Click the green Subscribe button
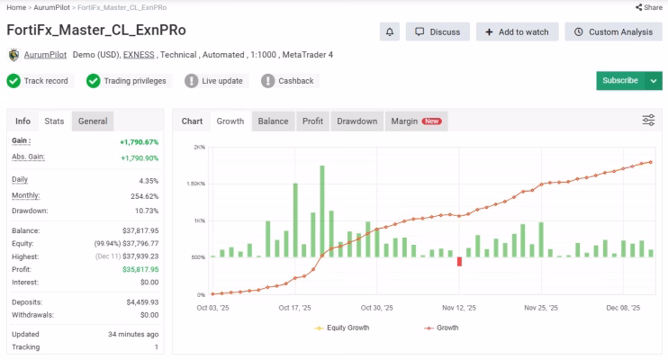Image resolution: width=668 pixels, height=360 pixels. [x=620, y=80]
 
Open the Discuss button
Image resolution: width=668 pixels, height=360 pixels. [x=438, y=32]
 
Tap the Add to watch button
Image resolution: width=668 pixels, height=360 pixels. [x=517, y=32]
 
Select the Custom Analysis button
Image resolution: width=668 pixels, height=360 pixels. [x=613, y=32]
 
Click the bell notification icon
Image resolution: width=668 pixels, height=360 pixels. [x=390, y=32]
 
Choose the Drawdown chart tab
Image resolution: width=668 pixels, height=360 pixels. [x=357, y=121]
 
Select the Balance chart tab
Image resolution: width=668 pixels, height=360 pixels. [x=273, y=121]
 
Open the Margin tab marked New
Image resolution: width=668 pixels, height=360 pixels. [x=416, y=121]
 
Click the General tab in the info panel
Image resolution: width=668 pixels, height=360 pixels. [x=93, y=121]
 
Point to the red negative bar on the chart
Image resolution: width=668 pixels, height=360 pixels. [x=459, y=261]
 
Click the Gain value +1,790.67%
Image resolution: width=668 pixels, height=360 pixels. [x=139, y=142]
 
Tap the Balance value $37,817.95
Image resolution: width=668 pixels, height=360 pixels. [x=140, y=230]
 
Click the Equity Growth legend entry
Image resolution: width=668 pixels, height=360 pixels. [x=342, y=328]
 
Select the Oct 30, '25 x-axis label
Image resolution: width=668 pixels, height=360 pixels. [x=376, y=308]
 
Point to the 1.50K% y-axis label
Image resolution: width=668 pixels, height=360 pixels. [x=195, y=184]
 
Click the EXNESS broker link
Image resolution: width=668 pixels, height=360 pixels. [x=139, y=55]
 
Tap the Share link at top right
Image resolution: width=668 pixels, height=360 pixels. [x=649, y=7]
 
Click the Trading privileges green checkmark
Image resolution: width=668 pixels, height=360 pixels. [x=93, y=81]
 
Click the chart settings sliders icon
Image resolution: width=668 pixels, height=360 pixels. [x=648, y=120]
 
